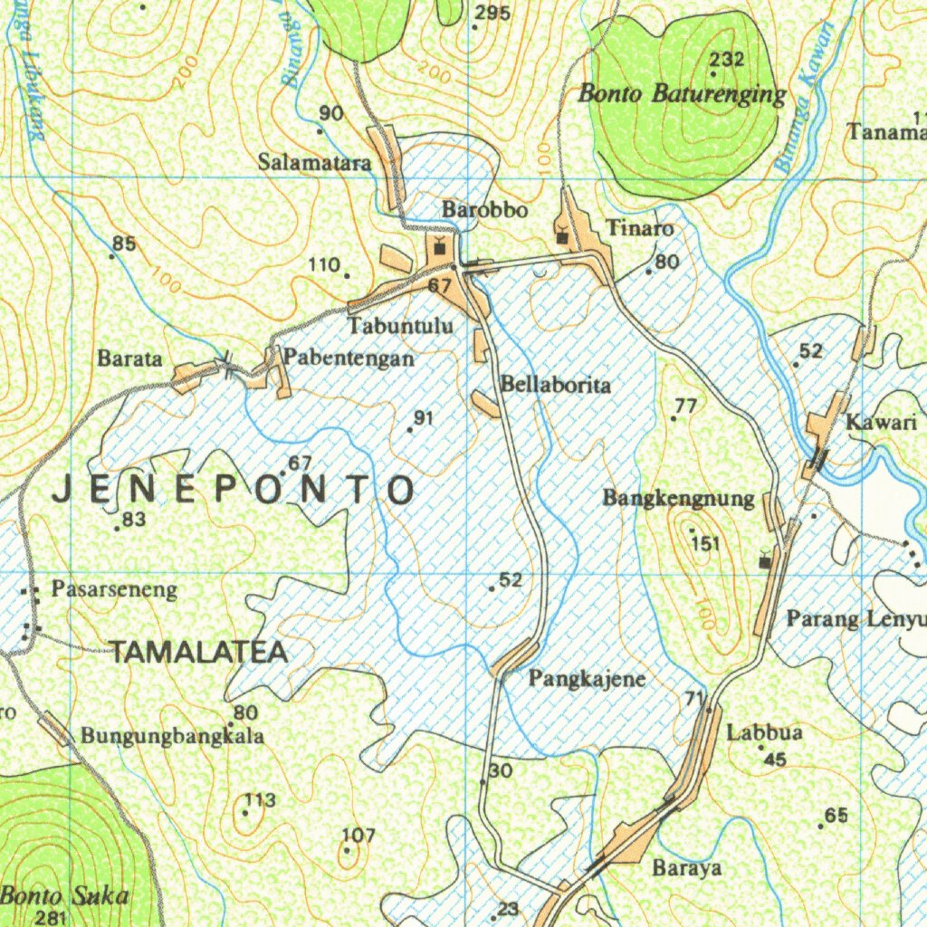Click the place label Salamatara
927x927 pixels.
[x=314, y=163]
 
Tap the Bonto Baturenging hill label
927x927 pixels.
[x=683, y=93]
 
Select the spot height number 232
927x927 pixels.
[x=727, y=60]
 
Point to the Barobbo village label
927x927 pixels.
[x=484, y=210]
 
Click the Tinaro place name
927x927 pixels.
[x=640, y=228]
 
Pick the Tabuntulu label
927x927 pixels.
[x=401, y=325]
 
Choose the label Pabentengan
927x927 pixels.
[x=349, y=358]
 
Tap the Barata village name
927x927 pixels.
[x=129, y=358]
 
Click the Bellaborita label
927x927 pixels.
[x=556, y=385]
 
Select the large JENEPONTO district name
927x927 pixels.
[x=234, y=490]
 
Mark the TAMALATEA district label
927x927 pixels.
[x=198, y=652]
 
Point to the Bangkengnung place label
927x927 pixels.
[x=678, y=498]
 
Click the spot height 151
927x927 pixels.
[x=705, y=543]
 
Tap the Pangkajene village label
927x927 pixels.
[x=588, y=678]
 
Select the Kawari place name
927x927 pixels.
[x=875, y=422]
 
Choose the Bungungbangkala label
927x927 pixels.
[x=172, y=736]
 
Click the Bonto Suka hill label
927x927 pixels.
[x=64, y=896]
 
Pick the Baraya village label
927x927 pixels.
[x=687, y=868]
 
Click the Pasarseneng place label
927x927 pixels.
[x=114, y=590]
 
